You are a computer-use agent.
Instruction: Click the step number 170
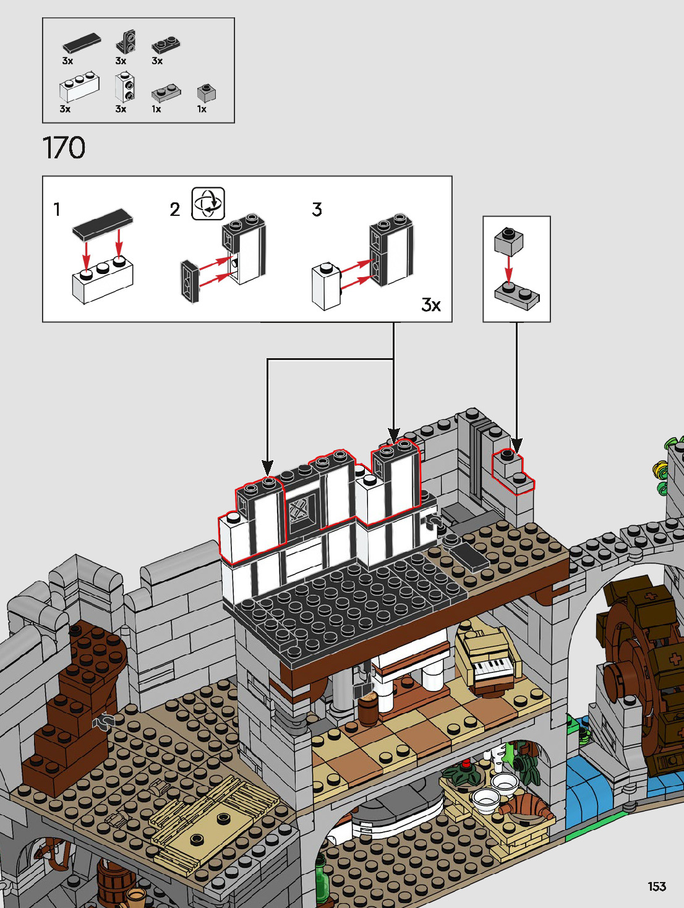click(64, 148)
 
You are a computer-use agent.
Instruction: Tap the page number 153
click(657, 886)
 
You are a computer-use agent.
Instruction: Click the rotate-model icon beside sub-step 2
click(208, 203)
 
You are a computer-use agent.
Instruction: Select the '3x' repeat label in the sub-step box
click(430, 304)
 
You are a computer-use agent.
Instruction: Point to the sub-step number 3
click(317, 210)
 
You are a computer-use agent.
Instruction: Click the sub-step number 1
click(57, 210)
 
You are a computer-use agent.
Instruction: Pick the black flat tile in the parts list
click(81, 43)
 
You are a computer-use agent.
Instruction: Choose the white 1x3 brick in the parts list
click(79, 88)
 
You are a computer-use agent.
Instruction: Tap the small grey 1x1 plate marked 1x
click(207, 93)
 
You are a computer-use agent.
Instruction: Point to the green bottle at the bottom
click(322, 881)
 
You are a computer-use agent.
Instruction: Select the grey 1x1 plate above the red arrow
click(509, 241)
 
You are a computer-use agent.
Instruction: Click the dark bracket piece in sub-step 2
click(189, 282)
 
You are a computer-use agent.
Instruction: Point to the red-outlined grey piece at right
click(513, 473)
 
